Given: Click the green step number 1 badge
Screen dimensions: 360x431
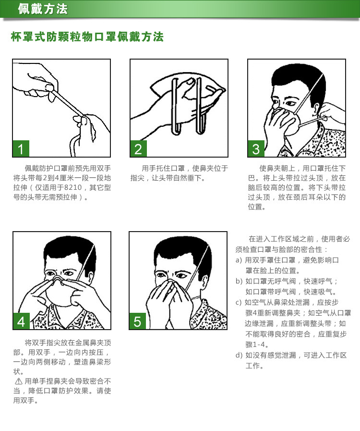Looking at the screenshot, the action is [21, 148].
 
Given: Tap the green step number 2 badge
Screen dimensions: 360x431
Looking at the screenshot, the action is [138, 148].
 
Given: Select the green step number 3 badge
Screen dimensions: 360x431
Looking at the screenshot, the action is [256, 148].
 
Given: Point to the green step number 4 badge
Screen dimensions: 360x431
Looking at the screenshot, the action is [21, 321].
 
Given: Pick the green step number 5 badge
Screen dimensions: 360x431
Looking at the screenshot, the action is [138, 321].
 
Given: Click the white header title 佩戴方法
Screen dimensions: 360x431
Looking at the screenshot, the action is [43, 9].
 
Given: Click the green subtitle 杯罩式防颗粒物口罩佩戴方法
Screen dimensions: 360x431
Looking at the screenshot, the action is [87, 37].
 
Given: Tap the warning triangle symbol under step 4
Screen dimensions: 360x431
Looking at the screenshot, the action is [18, 381].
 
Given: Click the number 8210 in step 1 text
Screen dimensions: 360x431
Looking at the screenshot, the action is [73, 187].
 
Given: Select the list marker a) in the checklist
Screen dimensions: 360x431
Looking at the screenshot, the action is [239, 260].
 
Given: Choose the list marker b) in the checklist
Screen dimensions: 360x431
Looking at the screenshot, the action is [239, 281].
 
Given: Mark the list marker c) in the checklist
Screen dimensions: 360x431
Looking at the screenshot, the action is [239, 302].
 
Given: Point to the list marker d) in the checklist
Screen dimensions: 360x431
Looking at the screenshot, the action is [239, 355].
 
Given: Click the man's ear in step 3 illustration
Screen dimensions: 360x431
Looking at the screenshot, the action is [316, 109].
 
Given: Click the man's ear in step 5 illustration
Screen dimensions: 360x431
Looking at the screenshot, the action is [204, 283].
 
